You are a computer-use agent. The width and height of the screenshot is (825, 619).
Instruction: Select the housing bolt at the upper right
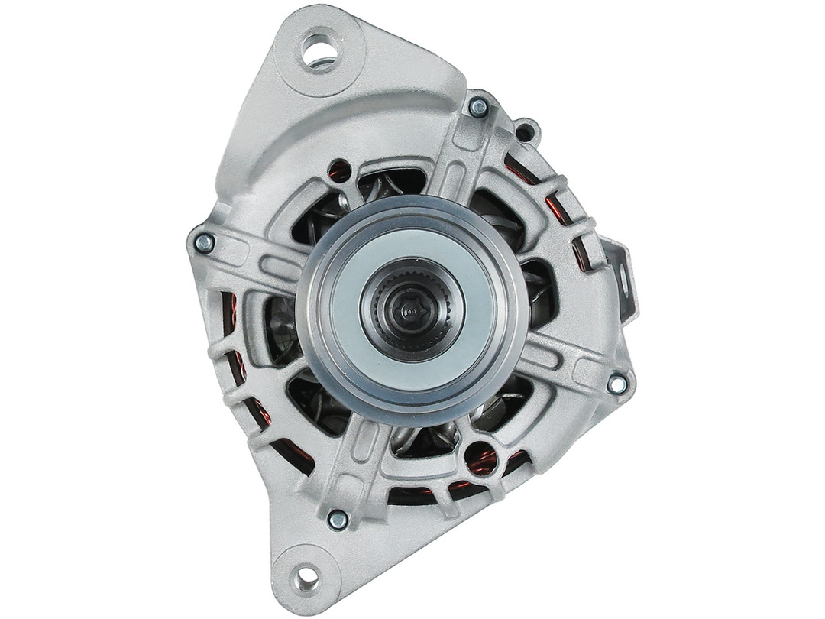coord(479,108)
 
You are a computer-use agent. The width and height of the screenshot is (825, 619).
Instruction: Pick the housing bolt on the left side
coord(204,243)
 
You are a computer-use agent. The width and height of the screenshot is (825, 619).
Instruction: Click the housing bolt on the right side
coord(617,384)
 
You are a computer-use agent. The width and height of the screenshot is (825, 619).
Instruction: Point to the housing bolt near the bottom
coord(337,520)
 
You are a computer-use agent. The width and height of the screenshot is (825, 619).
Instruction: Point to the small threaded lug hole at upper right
coord(526,131)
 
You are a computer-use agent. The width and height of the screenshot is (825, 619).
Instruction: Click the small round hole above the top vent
coord(338,170)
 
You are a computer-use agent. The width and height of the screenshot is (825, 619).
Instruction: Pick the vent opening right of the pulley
coord(539,290)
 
